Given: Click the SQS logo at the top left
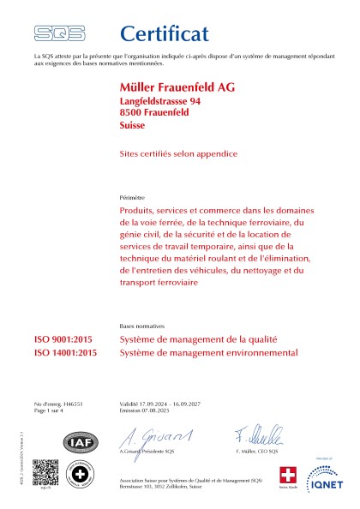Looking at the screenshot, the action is pos(59,33).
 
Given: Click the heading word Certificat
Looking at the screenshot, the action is pos(164,33).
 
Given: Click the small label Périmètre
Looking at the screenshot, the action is pos(132,197).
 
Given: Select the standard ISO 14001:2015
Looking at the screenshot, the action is pos(66,352).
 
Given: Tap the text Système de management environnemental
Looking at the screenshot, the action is pos(209,352).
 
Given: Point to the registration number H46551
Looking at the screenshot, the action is pos(71,403).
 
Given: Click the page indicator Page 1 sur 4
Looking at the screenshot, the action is pos(52,410).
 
